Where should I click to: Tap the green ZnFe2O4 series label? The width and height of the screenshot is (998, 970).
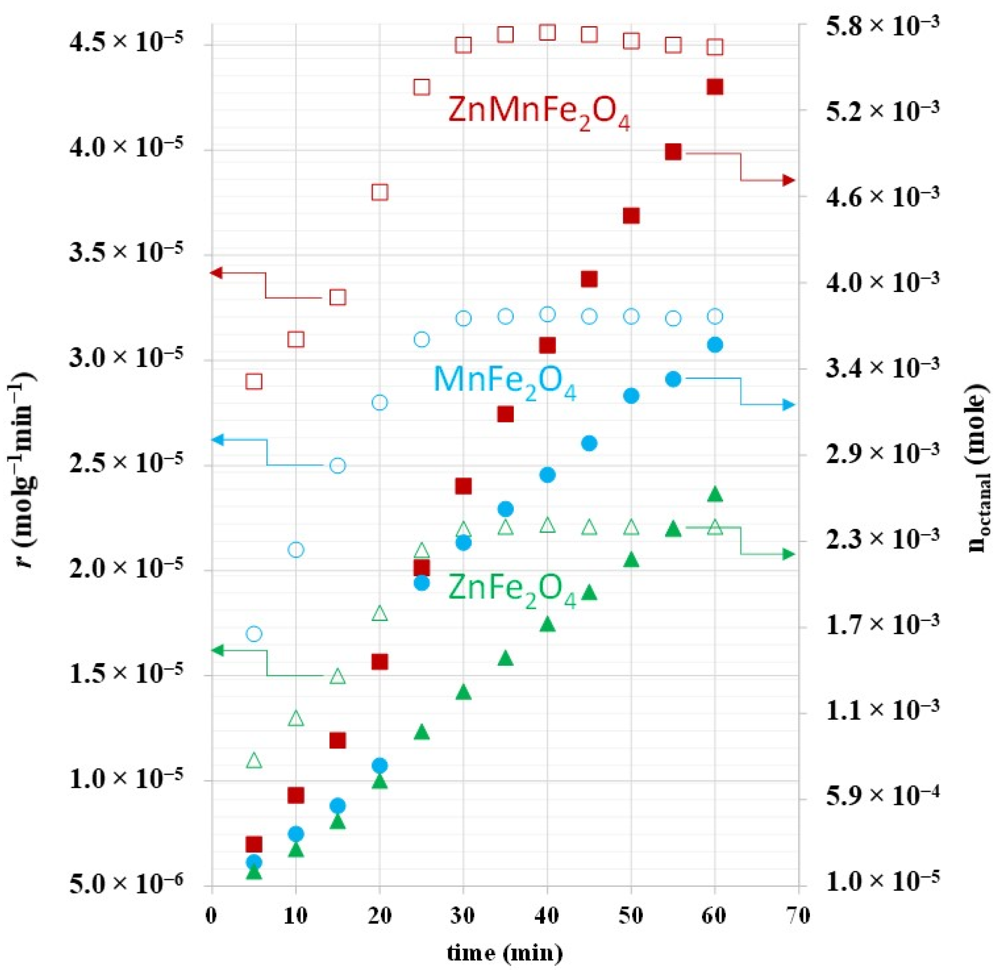tap(512, 589)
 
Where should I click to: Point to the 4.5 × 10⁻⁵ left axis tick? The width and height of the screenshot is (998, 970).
tap(126, 42)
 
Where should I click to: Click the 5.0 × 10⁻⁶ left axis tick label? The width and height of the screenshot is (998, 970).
tap(126, 886)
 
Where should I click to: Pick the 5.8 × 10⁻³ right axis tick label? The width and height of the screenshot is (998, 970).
tap(882, 26)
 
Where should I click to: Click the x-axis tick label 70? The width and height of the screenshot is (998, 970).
tap(798, 916)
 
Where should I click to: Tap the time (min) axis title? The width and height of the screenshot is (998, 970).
tap(505, 953)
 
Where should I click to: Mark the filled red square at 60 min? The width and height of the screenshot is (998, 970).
tap(715, 87)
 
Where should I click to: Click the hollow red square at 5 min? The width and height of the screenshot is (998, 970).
tap(254, 381)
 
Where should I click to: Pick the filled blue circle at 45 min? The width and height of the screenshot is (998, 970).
tap(589, 443)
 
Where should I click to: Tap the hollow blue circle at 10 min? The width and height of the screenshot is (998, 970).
tap(295, 550)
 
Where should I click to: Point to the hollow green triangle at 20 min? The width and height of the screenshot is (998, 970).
tap(379, 613)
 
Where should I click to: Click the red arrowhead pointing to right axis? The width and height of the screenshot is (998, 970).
tap(788, 180)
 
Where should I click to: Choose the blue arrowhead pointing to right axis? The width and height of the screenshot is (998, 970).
tap(788, 405)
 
